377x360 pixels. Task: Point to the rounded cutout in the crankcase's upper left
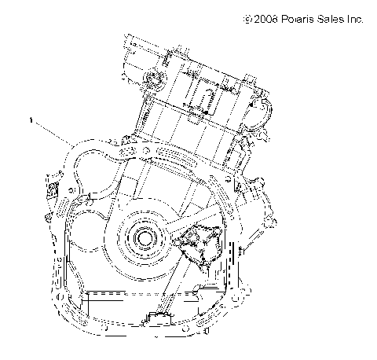click(94, 157)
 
